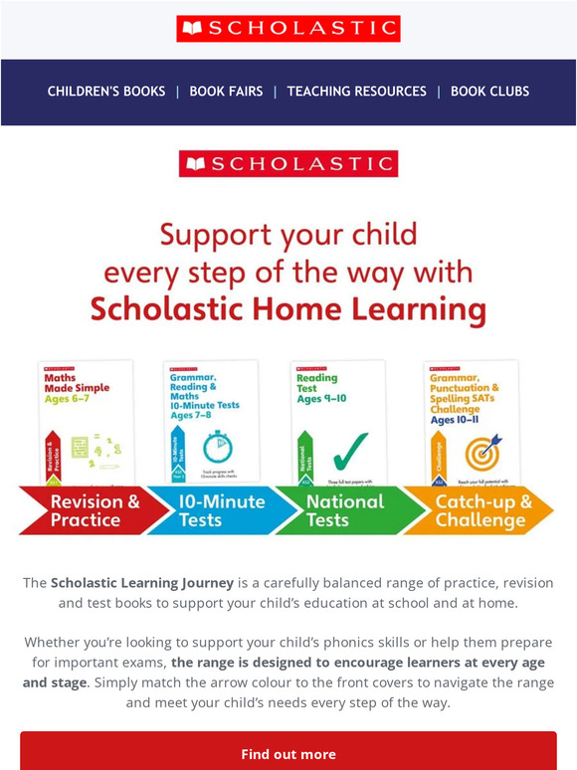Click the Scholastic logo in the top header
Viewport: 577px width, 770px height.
point(288,29)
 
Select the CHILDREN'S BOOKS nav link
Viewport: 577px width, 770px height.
point(106,92)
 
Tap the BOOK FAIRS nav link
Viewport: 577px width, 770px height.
point(226,92)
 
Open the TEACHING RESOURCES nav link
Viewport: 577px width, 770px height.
point(356,92)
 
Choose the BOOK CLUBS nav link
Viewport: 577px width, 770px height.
point(489,92)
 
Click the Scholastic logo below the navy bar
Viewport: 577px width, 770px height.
point(288,163)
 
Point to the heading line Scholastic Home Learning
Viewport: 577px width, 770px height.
point(288,309)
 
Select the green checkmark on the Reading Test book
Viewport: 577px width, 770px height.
point(349,449)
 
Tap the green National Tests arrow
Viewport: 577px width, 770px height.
point(343,510)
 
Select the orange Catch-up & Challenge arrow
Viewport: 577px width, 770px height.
point(483,510)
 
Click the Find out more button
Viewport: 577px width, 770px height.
point(288,754)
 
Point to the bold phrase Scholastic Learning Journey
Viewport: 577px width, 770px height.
point(141,583)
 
